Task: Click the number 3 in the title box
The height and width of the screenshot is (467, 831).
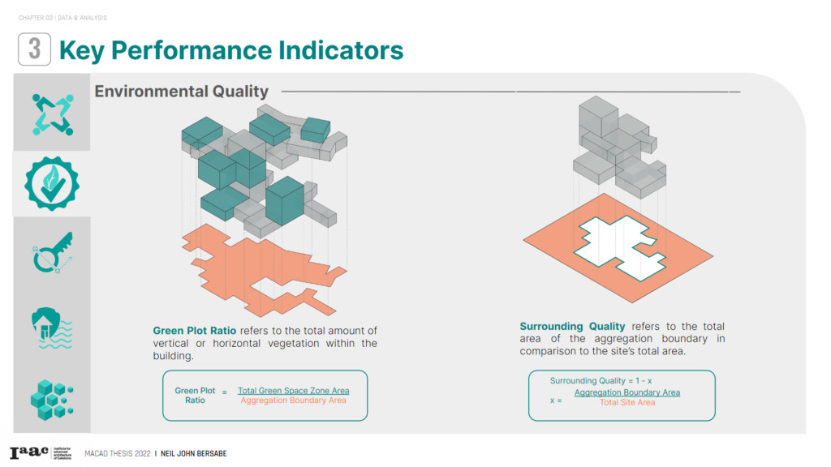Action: [34, 49]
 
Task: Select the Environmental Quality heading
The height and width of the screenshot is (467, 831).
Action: [181, 92]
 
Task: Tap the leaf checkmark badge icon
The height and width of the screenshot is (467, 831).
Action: [52, 184]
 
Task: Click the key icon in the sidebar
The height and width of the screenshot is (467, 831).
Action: [52, 253]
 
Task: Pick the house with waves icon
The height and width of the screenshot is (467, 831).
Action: [52, 328]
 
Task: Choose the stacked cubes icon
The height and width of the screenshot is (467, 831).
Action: [52, 400]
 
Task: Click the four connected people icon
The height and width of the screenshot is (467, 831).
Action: [53, 114]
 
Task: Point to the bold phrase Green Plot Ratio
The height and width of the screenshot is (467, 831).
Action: [195, 331]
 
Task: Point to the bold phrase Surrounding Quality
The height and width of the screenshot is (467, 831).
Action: [572, 326]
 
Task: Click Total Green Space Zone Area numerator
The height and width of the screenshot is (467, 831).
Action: [293, 390]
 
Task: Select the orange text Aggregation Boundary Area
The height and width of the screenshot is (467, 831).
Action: [293, 401]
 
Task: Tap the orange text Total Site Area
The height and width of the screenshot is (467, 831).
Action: [627, 402]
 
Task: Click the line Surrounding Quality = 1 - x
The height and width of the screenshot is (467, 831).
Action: [601, 381]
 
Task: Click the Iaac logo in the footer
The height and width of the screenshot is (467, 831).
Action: [28, 452]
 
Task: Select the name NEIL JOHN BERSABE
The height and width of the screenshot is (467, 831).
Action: [193, 454]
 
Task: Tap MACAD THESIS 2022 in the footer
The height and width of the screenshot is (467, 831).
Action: [118, 454]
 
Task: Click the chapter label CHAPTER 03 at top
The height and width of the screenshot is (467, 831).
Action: [36, 18]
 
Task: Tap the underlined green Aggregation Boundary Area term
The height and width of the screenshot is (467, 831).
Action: [627, 392]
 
